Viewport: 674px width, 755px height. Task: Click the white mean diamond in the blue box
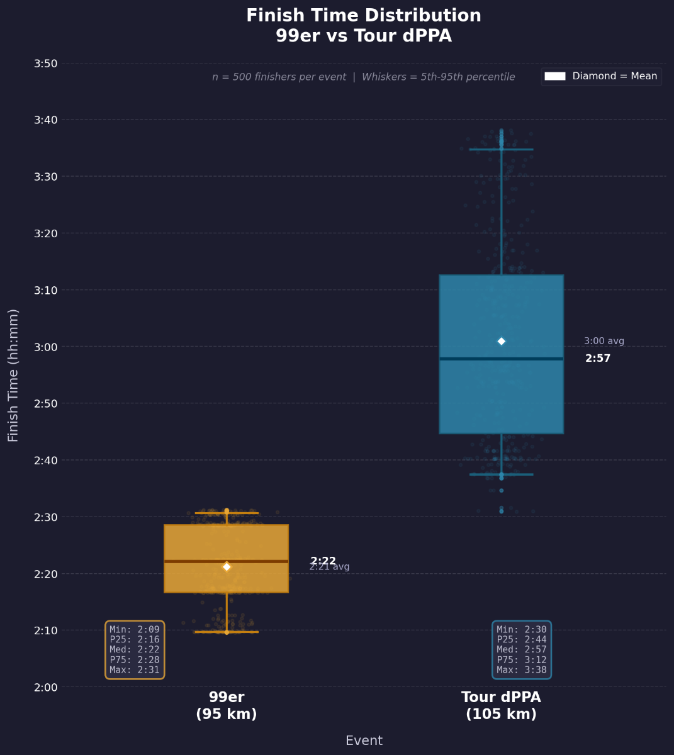click(x=502, y=341)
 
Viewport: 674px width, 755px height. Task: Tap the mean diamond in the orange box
click(x=227, y=567)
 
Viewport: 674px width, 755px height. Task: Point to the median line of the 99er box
click(x=189, y=561)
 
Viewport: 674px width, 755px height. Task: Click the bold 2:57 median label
click(x=598, y=359)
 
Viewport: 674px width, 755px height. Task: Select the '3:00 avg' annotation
click(x=604, y=341)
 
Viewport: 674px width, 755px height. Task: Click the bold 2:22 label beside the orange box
click(x=323, y=561)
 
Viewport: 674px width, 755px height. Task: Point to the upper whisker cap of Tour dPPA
click(x=502, y=149)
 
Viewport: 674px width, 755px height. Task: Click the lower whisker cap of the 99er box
click(x=227, y=632)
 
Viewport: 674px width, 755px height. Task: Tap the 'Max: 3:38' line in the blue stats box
click(x=522, y=670)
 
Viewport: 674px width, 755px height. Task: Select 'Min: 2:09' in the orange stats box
click(x=135, y=630)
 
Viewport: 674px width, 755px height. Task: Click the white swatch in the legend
click(x=555, y=76)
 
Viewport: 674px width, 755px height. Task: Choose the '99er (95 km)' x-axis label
click(x=227, y=705)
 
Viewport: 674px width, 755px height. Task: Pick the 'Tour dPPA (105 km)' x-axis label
click(x=501, y=705)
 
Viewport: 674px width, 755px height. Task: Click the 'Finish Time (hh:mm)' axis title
click(x=13, y=375)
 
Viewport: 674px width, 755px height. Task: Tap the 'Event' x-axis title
click(x=364, y=741)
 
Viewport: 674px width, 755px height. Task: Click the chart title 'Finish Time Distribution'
click(x=364, y=16)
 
